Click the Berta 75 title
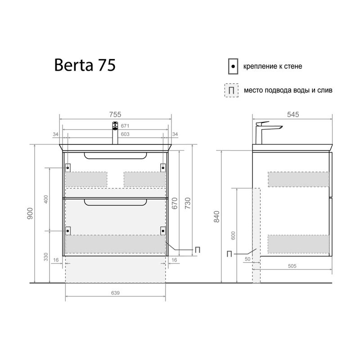coord(85,65)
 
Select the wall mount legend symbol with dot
coord(232,66)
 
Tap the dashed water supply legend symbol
coord(231,90)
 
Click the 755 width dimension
coord(116,114)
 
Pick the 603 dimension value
coord(126,134)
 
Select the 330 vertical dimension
coord(45,256)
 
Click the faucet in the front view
coord(115,132)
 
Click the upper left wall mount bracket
coord(68,167)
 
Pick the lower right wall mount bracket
coord(162,230)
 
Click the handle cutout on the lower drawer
coord(115,203)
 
